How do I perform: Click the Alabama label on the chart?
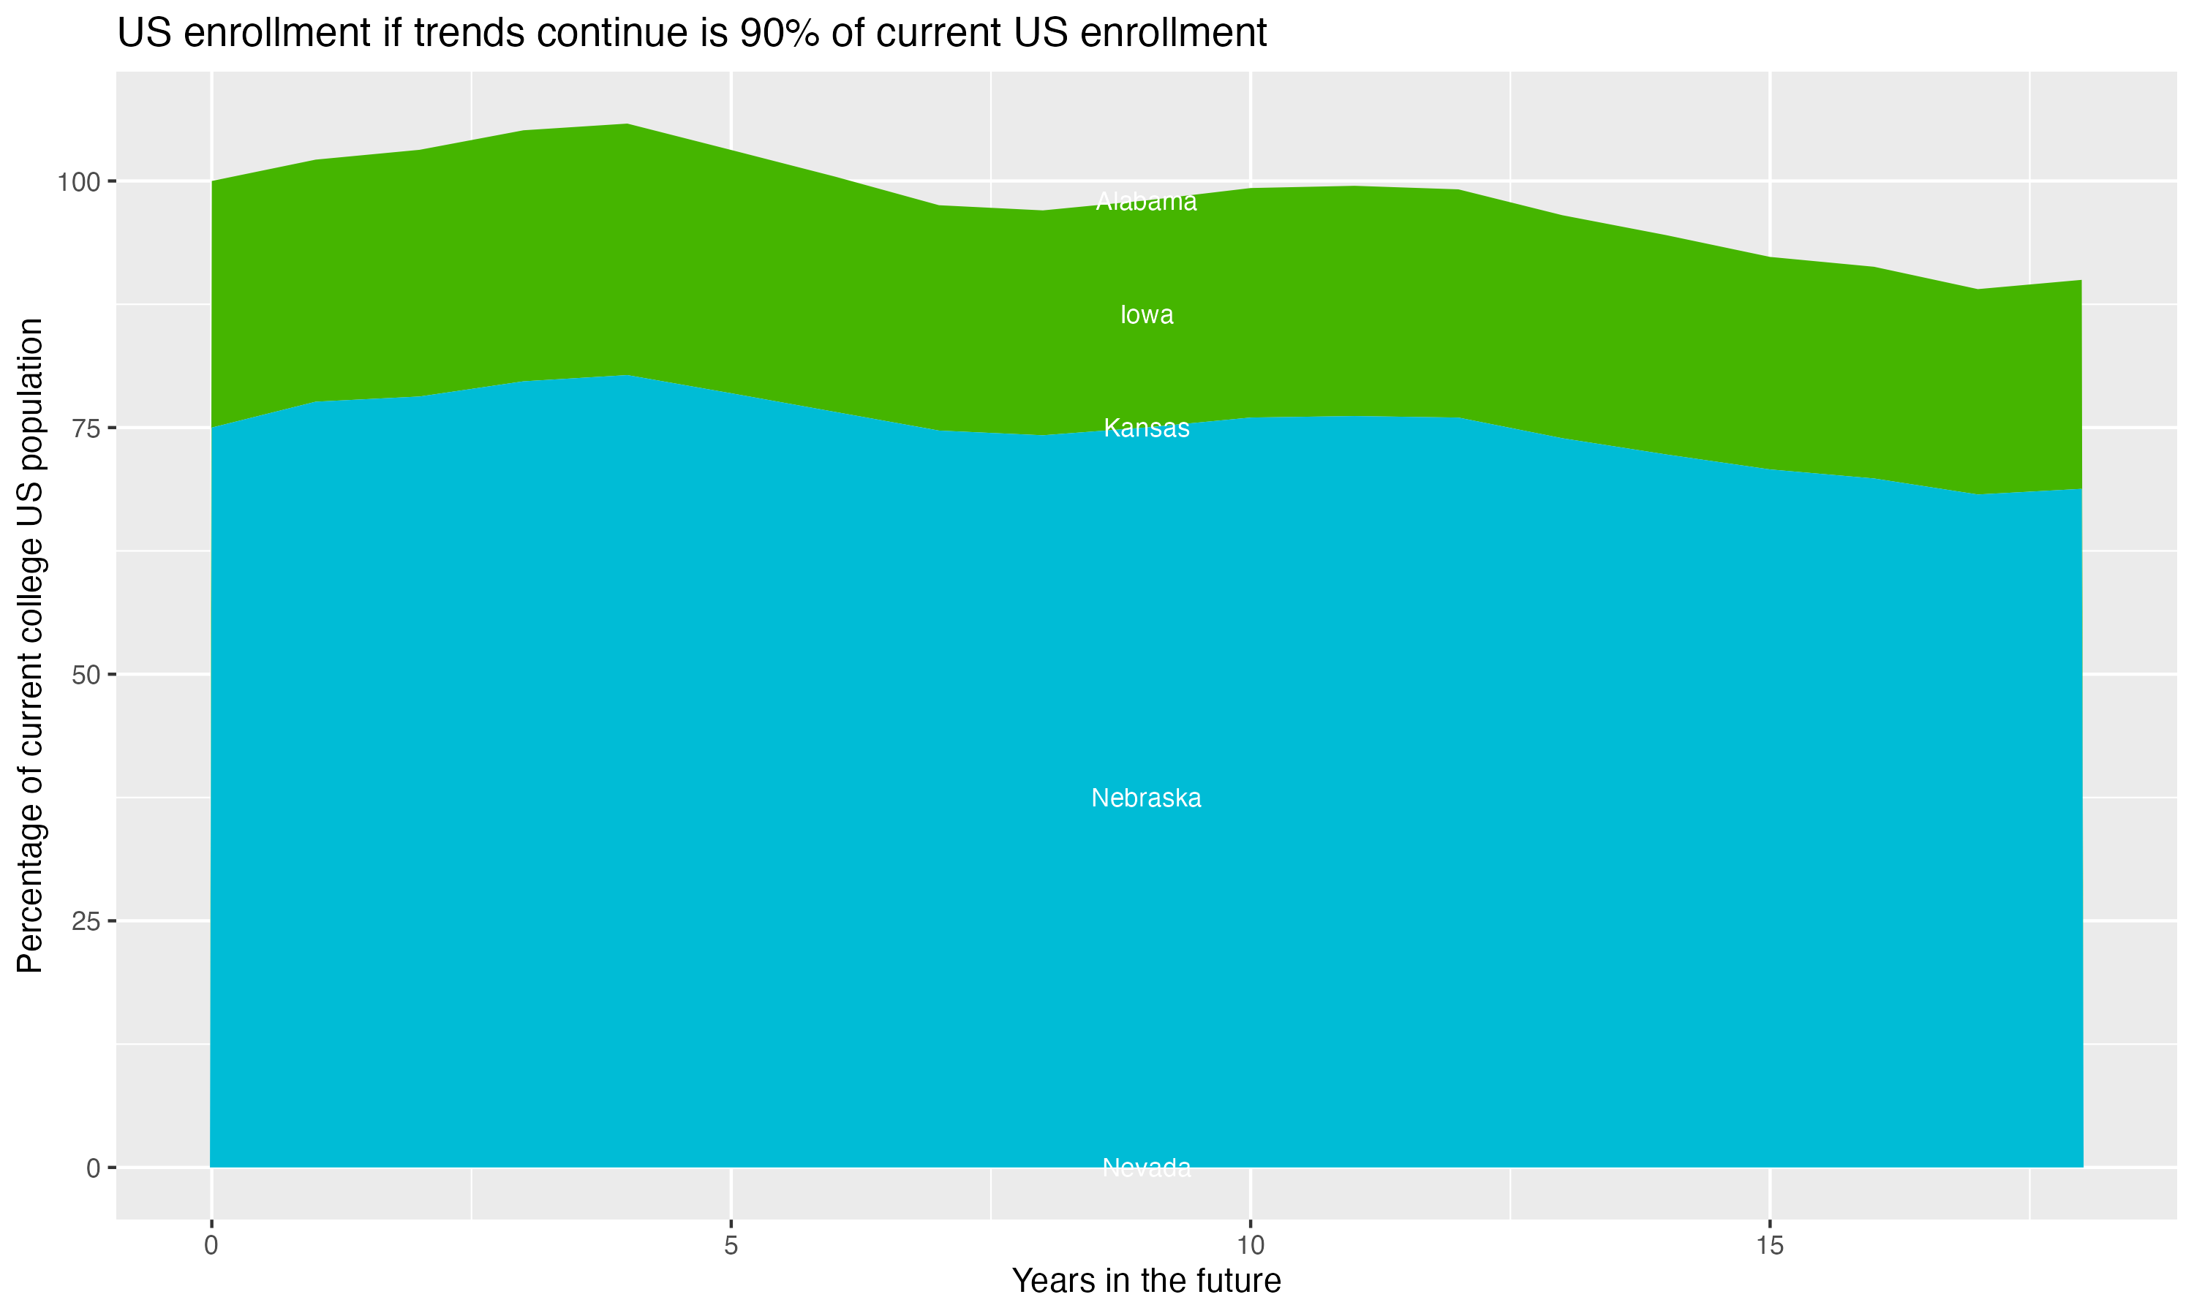(x=1146, y=203)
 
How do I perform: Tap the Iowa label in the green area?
(x=1146, y=315)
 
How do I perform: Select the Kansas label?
(x=1146, y=428)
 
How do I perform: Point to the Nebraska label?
(x=1146, y=798)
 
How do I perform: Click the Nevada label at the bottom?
(x=1146, y=1168)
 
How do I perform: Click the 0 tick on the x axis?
(x=211, y=1246)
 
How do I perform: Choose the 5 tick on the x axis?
(x=731, y=1246)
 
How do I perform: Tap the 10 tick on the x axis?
(x=1250, y=1246)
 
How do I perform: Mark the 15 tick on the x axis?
(x=1769, y=1246)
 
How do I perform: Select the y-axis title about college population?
(x=30, y=646)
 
